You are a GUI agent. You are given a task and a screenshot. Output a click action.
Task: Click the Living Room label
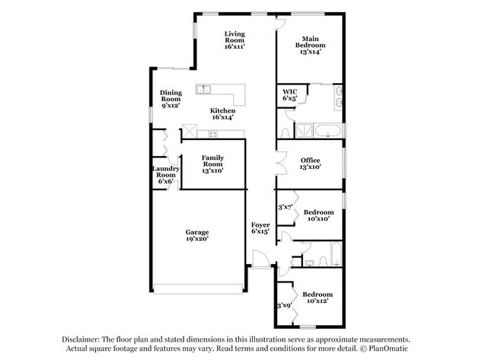[235, 40]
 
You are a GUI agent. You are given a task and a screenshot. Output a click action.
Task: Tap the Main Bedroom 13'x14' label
[310, 45]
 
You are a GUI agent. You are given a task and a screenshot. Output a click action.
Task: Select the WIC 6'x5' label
[290, 95]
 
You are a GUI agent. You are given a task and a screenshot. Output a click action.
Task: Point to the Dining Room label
[171, 99]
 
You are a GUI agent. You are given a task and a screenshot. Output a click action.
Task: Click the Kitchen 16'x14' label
[222, 114]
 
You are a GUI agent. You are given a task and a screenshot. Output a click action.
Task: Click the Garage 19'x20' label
[197, 235]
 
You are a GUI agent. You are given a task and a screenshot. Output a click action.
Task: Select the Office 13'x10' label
[310, 164]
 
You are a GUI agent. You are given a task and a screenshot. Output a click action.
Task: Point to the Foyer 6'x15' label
[260, 228]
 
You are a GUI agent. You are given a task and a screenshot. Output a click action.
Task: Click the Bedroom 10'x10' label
[318, 215]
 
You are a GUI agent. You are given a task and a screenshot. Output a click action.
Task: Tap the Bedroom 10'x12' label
[318, 298]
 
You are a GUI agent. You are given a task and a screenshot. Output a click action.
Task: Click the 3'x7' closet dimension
[286, 207]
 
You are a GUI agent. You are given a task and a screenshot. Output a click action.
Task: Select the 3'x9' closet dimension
[285, 305]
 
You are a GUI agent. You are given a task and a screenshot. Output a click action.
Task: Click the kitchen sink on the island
[203, 89]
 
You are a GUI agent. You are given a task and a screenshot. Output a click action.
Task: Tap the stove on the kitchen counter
[213, 134]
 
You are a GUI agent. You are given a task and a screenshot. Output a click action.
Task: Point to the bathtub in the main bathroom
[328, 131]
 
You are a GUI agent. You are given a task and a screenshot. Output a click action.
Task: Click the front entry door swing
[260, 259]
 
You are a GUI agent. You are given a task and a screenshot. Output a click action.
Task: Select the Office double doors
[281, 163]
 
